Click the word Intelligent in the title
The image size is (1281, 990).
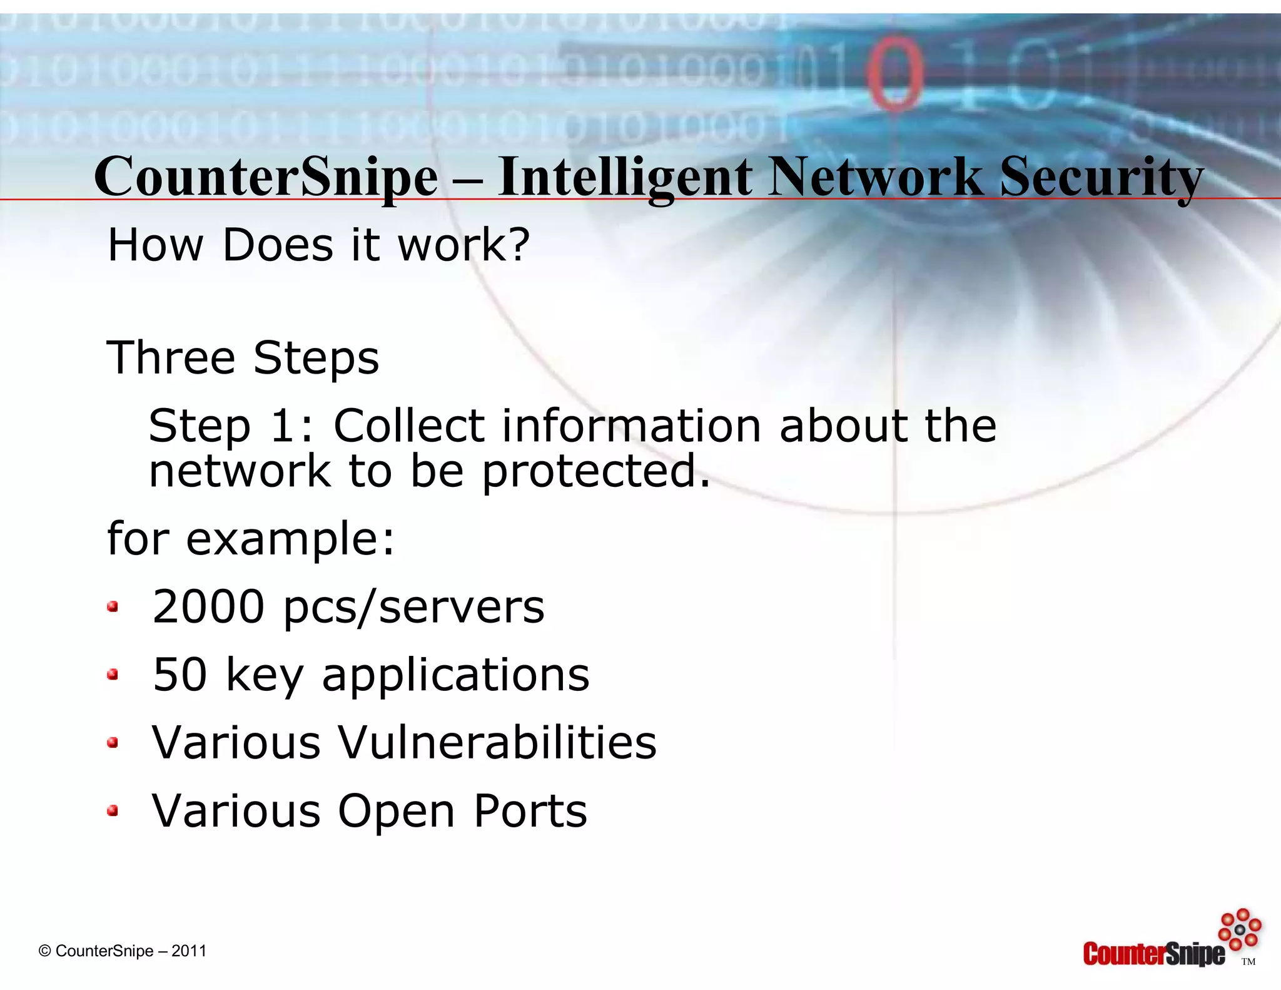625,177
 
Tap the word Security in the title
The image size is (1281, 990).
1101,177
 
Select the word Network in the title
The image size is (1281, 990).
876,177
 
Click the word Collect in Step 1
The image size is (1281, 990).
409,426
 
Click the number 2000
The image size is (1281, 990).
208,606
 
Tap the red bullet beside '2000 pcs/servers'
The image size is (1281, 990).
113,606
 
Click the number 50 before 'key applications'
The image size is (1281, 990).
180,675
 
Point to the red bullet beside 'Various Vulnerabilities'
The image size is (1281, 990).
113,743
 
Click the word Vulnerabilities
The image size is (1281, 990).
497,742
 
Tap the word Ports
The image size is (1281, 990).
530,811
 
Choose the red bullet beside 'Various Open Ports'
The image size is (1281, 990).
113,811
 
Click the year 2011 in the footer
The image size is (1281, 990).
189,951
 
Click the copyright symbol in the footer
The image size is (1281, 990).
44,951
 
